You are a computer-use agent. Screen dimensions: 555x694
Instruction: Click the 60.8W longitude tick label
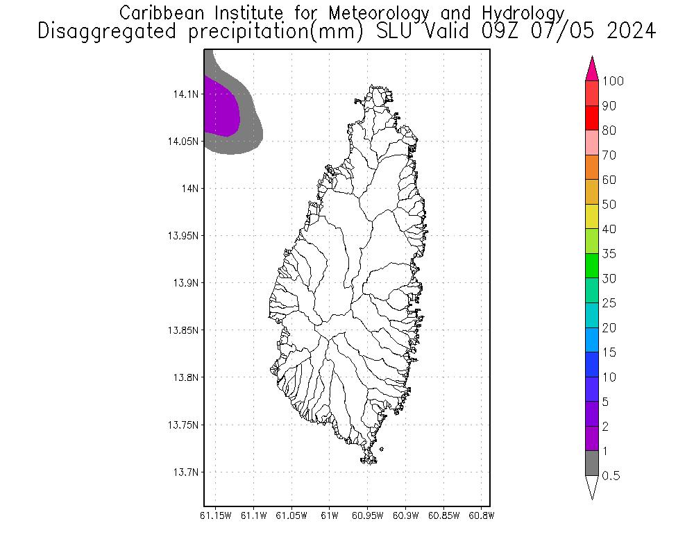pyautogui.click(x=482, y=515)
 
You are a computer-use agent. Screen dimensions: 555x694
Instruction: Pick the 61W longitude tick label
pyautogui.click(x=330, y=515)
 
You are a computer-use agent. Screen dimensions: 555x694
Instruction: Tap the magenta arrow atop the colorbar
pyautogui.click(x=592, y=69)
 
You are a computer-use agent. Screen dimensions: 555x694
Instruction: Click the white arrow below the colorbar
pyautogui.click(x=592, y=487)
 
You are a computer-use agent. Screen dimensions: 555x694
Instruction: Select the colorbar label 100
pyautogui.click(x=613, y=81)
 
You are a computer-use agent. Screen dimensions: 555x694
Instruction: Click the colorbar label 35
pyautogui.click(x=609, y=254)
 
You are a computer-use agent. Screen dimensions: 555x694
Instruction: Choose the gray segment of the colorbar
pyautogui.click(x=592, y=463)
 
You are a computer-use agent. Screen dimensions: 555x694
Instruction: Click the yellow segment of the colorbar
pyautogui.click(x=592, y=216)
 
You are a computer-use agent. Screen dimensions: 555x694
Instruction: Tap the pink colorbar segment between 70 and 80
pyautogui.click(x=592, y=142)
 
